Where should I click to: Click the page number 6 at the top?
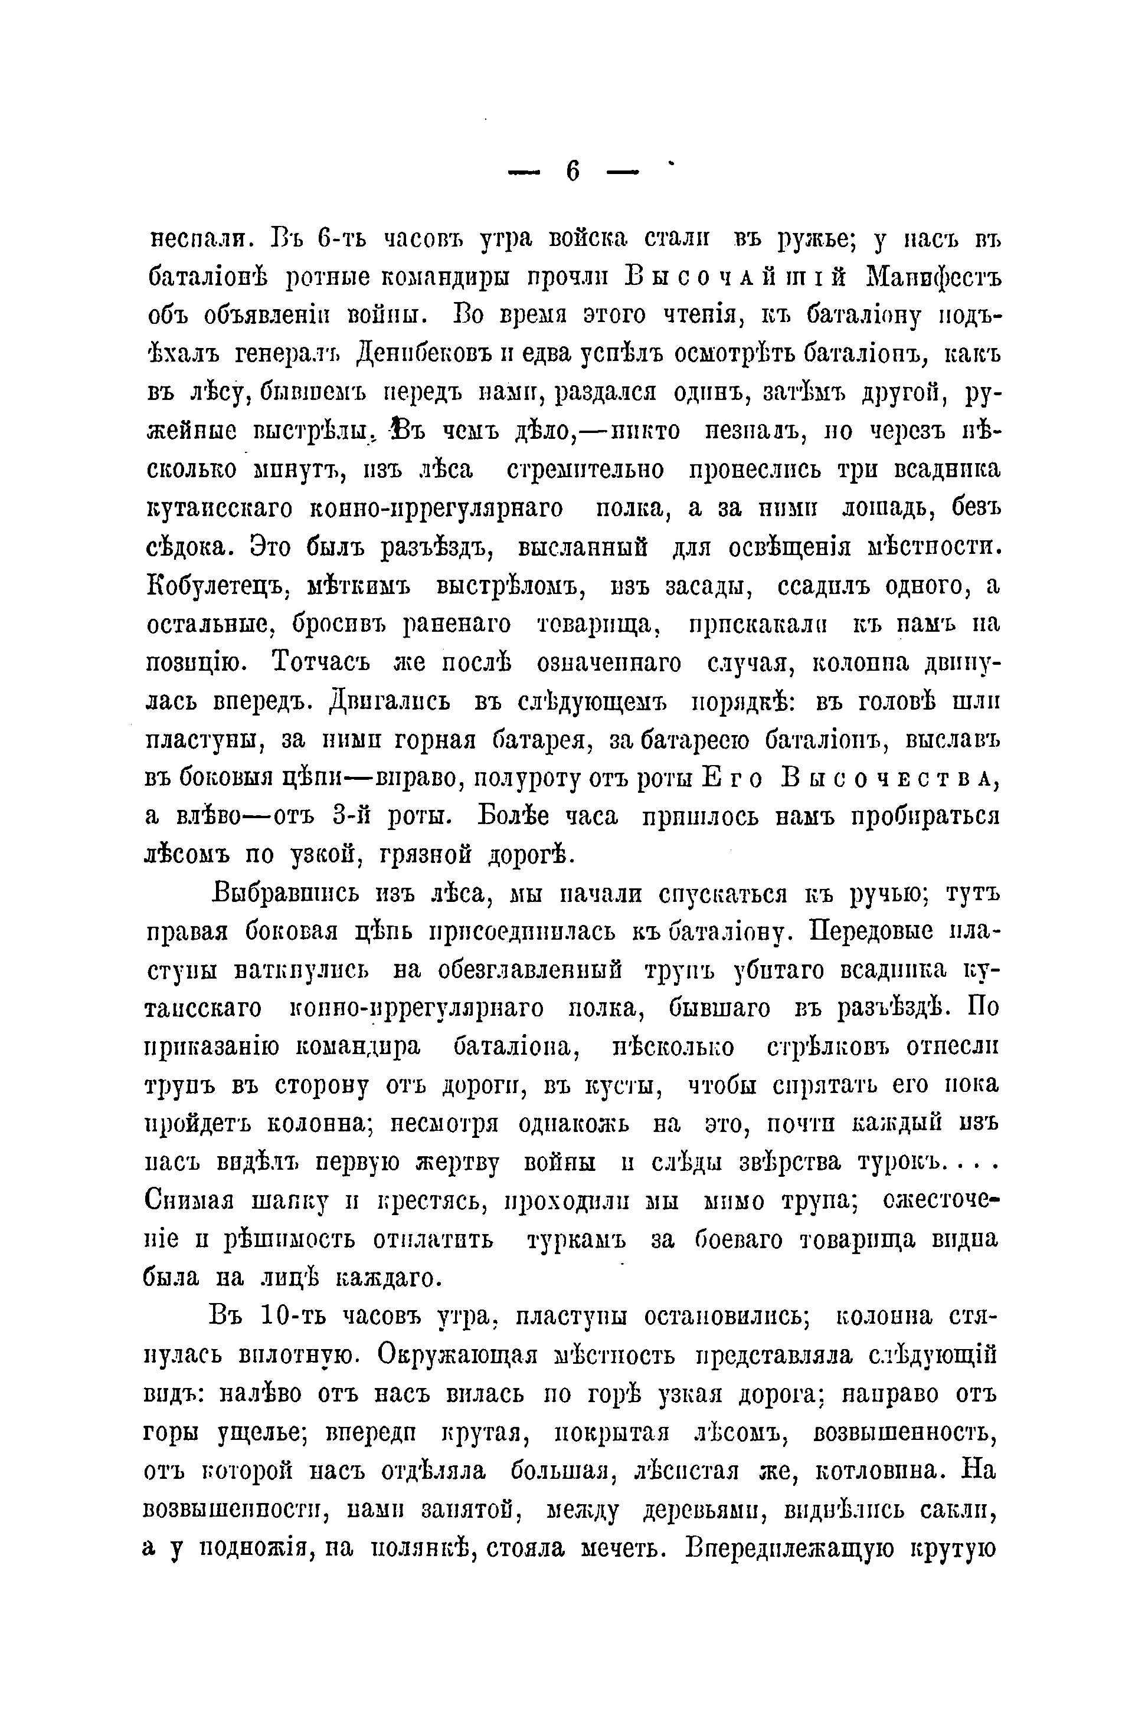pyautogui.click(x=572, y=172)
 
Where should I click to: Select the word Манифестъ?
pyautogui.click(x=932, y=277)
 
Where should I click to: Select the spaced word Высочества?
pyautogui.click(x=889, y=778)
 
